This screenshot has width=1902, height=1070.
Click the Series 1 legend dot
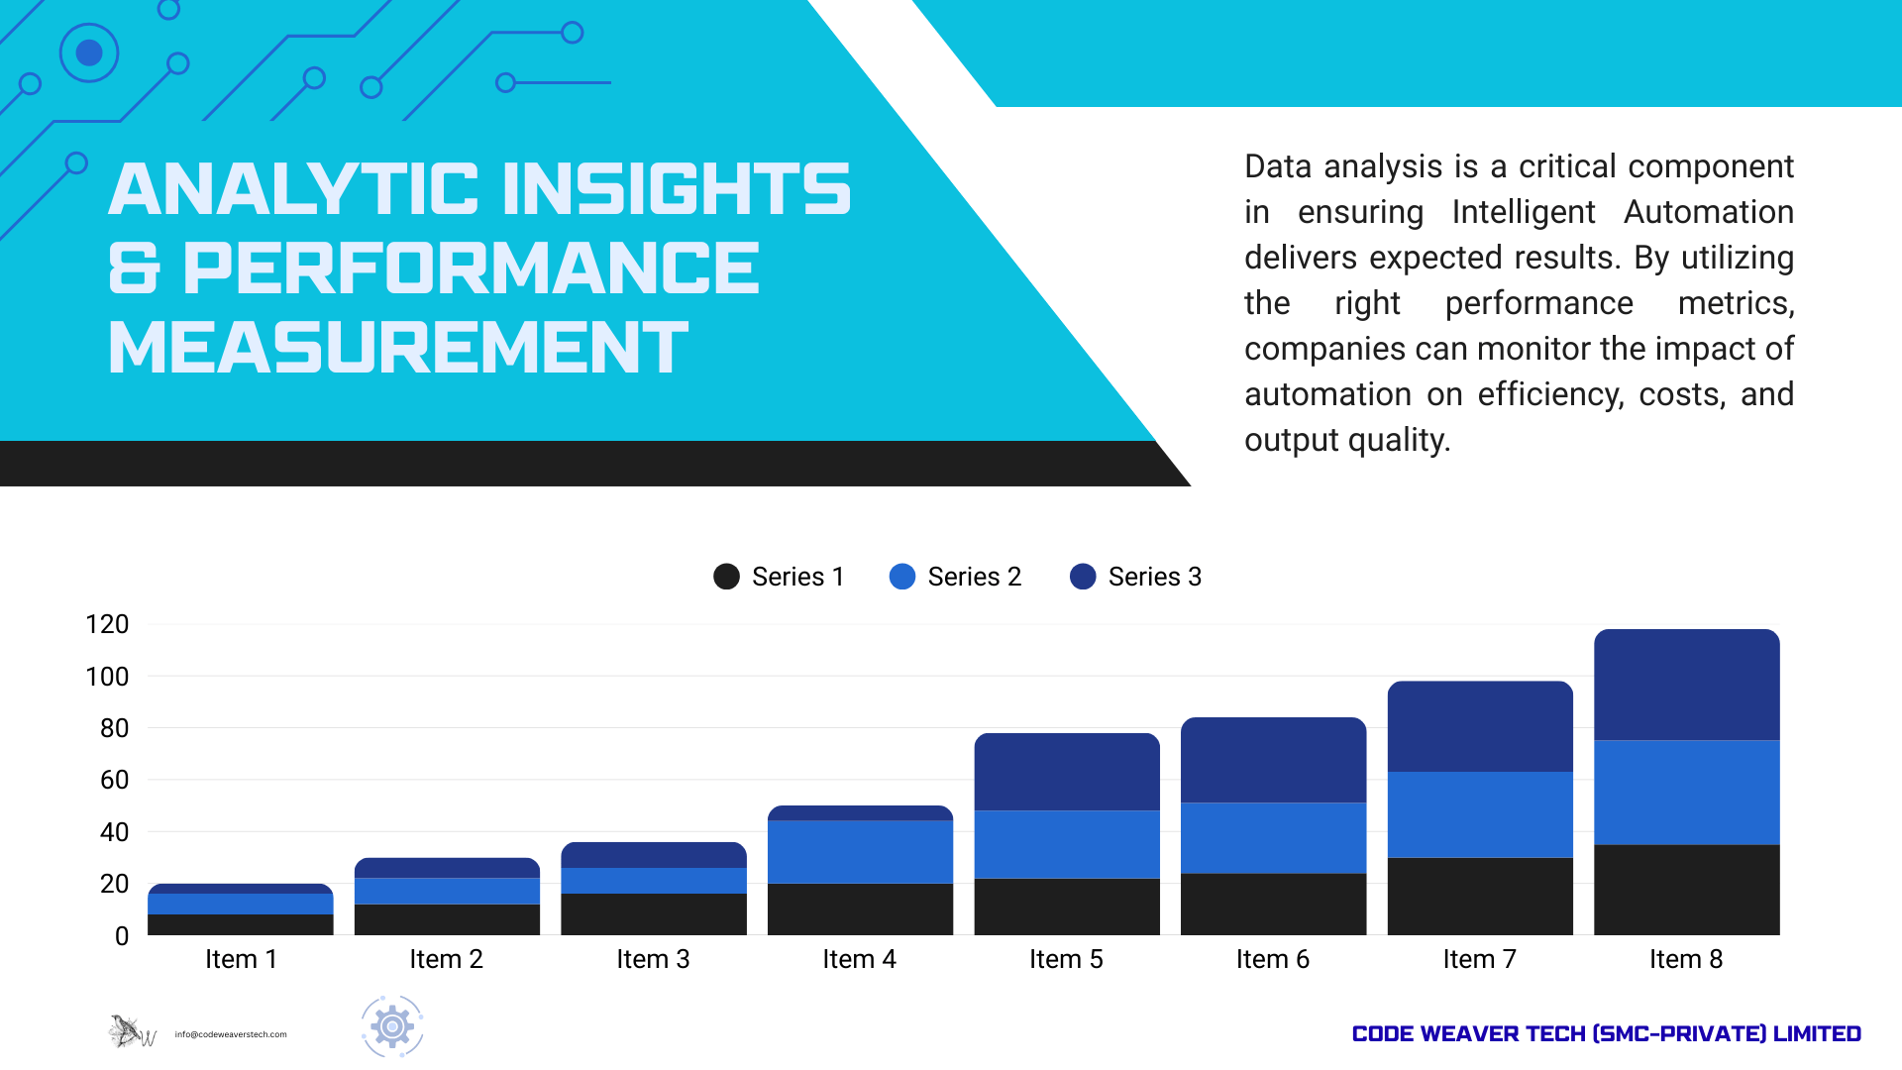(x=726, y=577)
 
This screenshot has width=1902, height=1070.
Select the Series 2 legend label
(x=974, y=577)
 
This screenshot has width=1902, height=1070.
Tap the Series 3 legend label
(x=1154, y=577)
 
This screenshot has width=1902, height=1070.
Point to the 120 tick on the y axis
(x=107, y=624)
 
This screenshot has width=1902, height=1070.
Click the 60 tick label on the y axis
(x=114, y=780)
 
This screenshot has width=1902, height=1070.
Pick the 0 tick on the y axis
(x=121, y=936)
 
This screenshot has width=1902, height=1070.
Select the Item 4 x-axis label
(x=859, y=959)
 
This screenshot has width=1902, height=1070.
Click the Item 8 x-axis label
(x=1685, y=959)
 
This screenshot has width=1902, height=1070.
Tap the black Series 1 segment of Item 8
(x=1686, y=890)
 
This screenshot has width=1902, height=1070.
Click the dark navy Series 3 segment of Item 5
(x=1066, y=772)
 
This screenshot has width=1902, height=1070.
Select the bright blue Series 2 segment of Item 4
(x=860, y=852)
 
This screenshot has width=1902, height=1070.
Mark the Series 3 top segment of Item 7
(x=1480, y=726)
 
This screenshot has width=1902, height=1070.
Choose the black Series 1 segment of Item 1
(x=240, y=924)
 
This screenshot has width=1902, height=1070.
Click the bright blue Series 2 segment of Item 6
(x=1273, y=838)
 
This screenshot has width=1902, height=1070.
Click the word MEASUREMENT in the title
(x=397, y=348)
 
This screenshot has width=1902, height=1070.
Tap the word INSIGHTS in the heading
(x=677, y=189)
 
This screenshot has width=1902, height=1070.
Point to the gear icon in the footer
(x=392, y=1026)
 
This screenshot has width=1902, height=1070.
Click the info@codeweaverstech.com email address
(x=231, y=1034)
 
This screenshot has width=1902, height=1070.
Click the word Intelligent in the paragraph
(x=1523, y=212)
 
